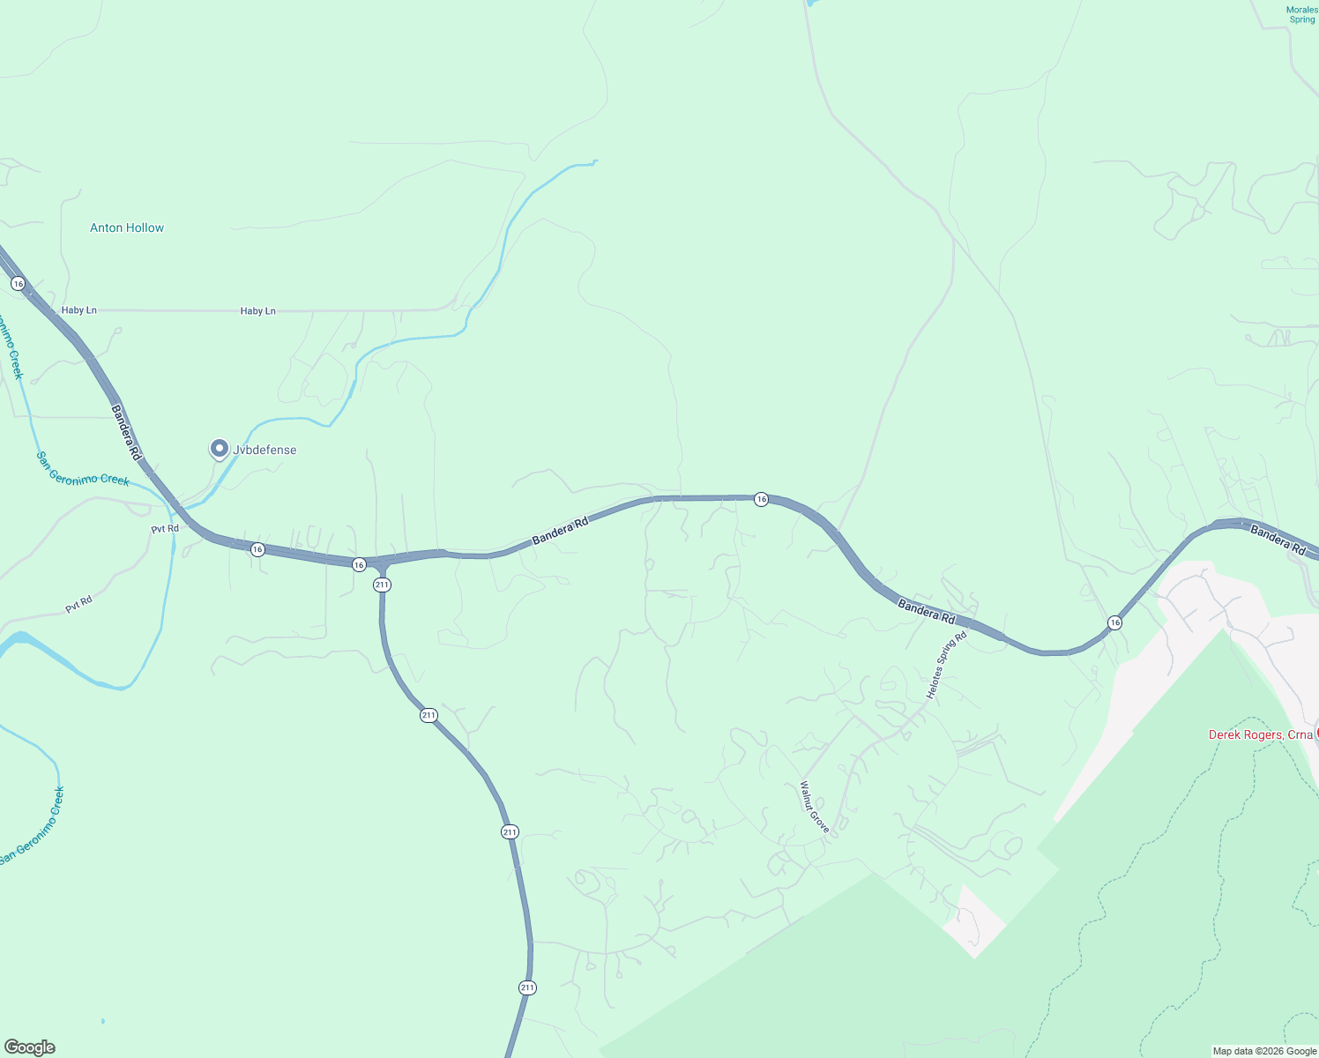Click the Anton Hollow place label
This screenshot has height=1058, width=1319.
[x=127, y=227]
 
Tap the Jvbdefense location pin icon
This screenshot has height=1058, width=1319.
[x=219, y=449]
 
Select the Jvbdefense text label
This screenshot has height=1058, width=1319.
[x=265, y=450]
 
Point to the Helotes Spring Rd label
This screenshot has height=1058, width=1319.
[x=946, y=666]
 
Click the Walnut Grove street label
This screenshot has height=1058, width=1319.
[x=815, y=807]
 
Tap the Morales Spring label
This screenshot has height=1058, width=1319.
[x=1301, y=15]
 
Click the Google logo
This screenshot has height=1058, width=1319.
[x=29, y=1047]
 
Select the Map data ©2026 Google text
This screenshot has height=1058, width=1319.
[x=1264, y=1051]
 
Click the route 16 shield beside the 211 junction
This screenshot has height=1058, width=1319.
[x=359, y=564]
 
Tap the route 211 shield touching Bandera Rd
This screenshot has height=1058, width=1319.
[x=382, y=585]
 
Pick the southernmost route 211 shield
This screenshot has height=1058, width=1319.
[x=527, y=987]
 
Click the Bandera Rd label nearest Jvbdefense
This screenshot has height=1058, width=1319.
[x=126, y=433]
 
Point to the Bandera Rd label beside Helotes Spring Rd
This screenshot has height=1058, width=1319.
[x=926, y=610]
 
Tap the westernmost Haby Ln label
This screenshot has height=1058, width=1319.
[x=79, y=310]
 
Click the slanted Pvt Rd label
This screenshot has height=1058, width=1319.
[x=78, y=606]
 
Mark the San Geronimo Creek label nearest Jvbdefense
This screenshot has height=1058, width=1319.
[x=83, y=468]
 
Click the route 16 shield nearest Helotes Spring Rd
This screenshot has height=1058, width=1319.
[x=1115, y=622]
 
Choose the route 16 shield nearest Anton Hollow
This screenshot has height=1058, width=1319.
[x=18, y=283]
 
